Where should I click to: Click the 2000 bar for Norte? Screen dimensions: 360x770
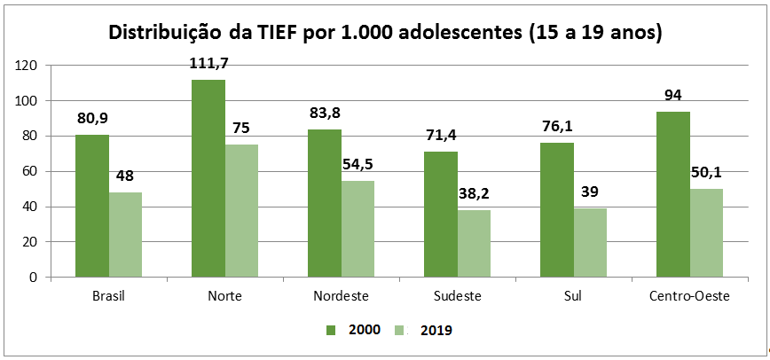[208, 178]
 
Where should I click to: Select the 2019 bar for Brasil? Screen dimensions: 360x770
[125, 235]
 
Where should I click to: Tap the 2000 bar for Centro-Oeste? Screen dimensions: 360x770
[673, 194]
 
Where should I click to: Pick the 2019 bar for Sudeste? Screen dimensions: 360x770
[475, 243]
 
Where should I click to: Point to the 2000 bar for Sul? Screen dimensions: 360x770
[557, 209]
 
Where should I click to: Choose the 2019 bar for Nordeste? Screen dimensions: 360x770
[358, 229]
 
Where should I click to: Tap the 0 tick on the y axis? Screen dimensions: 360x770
[33, 277]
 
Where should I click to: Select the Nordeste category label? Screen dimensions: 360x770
[341, 295]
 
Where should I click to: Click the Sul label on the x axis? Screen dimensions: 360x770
[574, 295]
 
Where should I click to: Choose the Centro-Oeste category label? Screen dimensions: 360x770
[690, 295]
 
